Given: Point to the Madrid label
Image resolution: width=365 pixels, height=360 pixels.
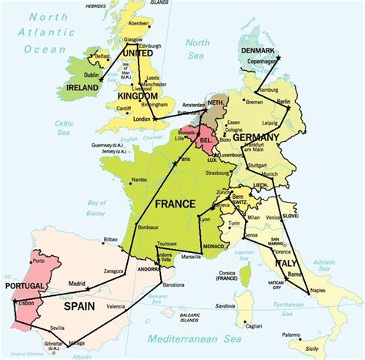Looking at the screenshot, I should pos(76,284).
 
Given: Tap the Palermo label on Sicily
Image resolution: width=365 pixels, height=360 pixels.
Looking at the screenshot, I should pos(291,335).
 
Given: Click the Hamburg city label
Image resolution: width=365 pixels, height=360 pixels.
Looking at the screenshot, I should pos(270,89).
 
